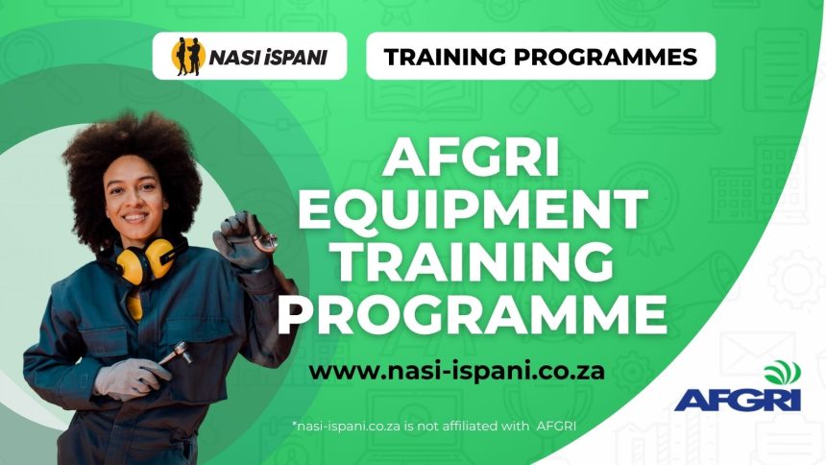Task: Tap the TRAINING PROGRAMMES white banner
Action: click(x=541, y=57)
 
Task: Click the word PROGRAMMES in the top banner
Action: click(x=611, y=57)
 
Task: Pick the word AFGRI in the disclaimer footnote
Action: click(x=554, y=425)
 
